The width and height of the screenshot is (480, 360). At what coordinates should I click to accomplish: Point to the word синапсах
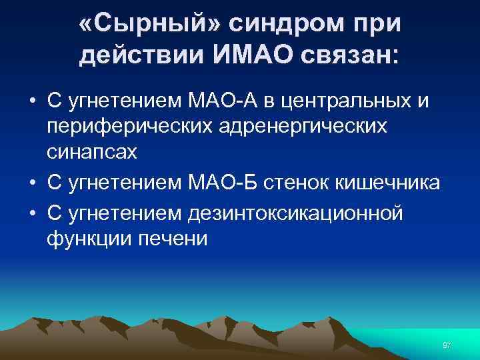pyautogui.click(x=91, y=151)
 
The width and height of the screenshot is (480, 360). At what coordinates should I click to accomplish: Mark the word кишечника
pyautogui.click(x=395, y=182)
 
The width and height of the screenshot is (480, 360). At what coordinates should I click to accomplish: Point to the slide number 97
pyautogui.click(x=446, y=346)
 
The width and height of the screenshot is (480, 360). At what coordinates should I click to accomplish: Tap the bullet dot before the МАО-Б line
pyautogui.click(x=32, y=183)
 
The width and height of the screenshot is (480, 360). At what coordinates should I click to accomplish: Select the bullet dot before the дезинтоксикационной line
pyautogui.click(x=32, y=213)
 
